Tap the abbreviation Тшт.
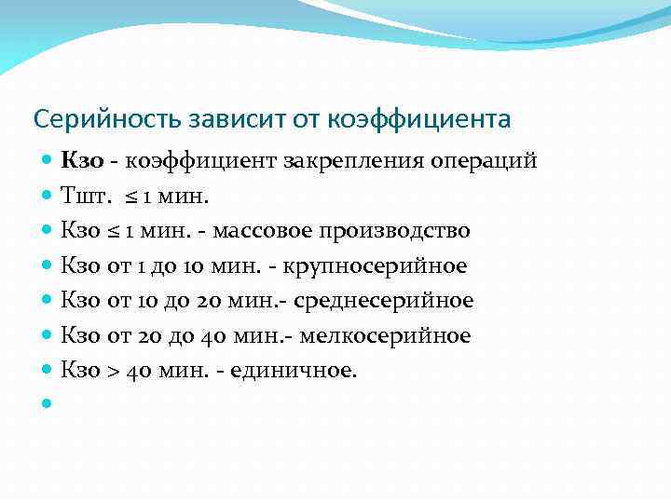[81, 196]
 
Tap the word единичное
[294, 371]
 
